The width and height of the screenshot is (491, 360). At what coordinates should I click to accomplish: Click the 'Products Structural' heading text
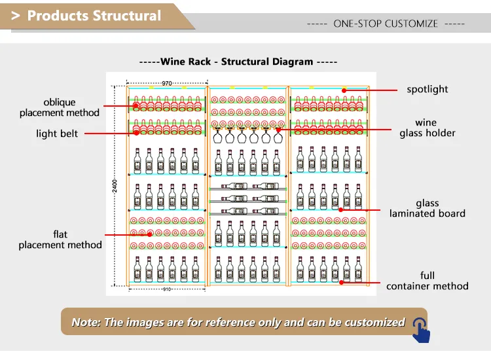(94, 16)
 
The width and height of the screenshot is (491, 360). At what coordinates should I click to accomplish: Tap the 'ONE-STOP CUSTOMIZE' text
(385, 24)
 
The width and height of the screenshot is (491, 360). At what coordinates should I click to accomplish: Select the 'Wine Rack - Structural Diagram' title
(238, 62)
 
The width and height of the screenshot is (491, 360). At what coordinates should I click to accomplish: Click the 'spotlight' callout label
(427, 89)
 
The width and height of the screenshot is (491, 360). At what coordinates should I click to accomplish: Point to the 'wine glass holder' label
(427, 128)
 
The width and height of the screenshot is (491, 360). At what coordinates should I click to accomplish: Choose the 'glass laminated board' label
(427, 208)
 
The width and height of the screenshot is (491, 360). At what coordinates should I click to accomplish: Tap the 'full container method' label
(427, 281)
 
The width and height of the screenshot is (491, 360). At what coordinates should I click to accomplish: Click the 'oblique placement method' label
(60, 107)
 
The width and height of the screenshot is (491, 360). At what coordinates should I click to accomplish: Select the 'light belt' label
(57, 134)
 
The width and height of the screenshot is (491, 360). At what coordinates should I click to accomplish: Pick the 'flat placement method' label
(60, 240)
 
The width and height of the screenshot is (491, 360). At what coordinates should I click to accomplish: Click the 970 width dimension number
(167, 83)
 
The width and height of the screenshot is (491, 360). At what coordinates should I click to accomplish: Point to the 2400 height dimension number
(115, 187)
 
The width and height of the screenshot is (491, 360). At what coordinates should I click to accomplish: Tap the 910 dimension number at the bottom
(167, 289)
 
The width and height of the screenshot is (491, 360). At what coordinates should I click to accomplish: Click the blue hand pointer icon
(421, 329)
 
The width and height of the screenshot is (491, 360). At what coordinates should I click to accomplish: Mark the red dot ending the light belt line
(136, 133)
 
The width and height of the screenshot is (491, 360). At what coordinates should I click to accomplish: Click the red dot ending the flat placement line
(150, 234)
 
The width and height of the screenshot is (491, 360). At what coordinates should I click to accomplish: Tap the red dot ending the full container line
(342, 283)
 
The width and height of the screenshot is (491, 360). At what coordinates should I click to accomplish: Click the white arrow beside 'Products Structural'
(15, 16)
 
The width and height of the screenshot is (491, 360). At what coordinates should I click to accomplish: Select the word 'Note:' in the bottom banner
(86, 322)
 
